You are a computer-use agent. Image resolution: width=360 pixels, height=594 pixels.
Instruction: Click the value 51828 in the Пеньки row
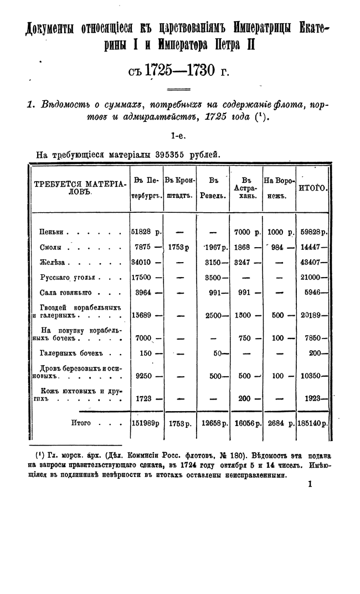(142, 233)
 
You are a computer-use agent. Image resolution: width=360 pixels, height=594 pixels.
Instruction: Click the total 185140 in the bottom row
(312, 423)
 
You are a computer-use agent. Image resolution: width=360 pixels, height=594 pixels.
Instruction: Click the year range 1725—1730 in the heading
(178, 71)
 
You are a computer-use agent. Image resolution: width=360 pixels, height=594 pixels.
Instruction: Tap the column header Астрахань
(246, 188)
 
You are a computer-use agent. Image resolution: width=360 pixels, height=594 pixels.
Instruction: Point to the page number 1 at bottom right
(310, 484)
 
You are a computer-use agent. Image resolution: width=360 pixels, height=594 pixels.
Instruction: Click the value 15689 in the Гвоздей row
(142, 315)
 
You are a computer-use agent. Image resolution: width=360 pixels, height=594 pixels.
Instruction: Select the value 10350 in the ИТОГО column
(311, 376)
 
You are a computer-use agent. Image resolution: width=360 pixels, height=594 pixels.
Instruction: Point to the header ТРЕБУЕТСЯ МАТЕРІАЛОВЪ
(80, 188)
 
